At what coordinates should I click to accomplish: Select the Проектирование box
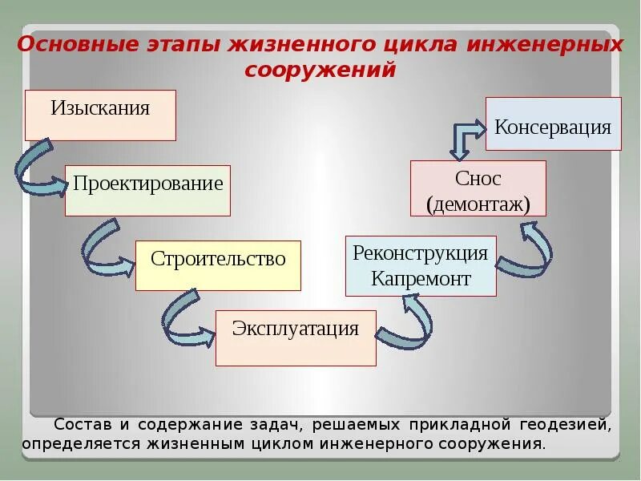tap(147, 190)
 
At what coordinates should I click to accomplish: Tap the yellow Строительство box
tap(218, 265)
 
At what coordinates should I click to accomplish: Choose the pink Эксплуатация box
tap(296, 338)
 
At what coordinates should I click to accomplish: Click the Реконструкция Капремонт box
tap(421, 266)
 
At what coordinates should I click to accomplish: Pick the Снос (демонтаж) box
tap(478, 188)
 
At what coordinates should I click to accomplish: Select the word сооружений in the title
tap(320, 71)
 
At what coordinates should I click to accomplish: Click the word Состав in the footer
tap(78, 423)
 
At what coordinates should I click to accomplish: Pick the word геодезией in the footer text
tap(566, 423)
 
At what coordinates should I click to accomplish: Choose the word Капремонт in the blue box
tap(421, 279)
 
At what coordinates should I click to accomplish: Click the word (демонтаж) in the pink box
tap(478, 203)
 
